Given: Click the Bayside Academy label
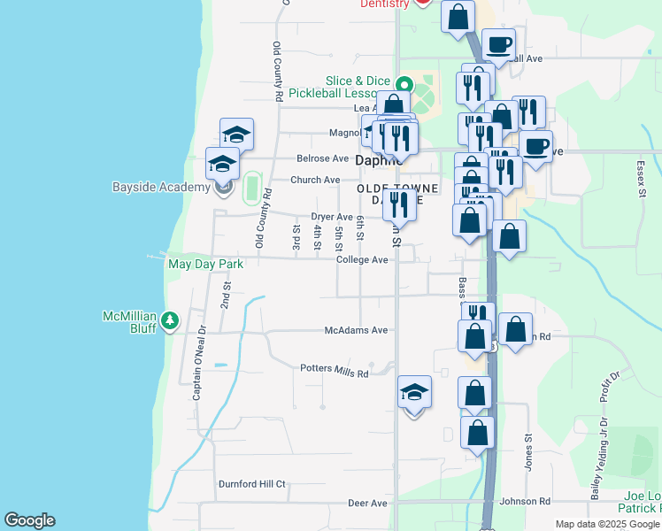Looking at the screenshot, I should point(156,187).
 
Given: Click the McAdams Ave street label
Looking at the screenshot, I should point(356,330).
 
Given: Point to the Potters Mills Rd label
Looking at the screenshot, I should point(334,370).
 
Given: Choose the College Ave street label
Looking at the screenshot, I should point(362,259).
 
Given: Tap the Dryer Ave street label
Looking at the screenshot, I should point(332,217).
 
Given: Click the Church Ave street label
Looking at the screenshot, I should point(316,180).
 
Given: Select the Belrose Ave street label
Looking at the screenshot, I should point(322,158).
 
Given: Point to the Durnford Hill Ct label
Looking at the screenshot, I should point(252,484).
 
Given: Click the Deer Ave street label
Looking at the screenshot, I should point(367,503).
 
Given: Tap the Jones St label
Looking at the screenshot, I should point(527,450).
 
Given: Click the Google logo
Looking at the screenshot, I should point(29,520).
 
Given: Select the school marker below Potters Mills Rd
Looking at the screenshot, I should point(414,392).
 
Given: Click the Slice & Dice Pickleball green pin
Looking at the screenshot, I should point(404,85).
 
